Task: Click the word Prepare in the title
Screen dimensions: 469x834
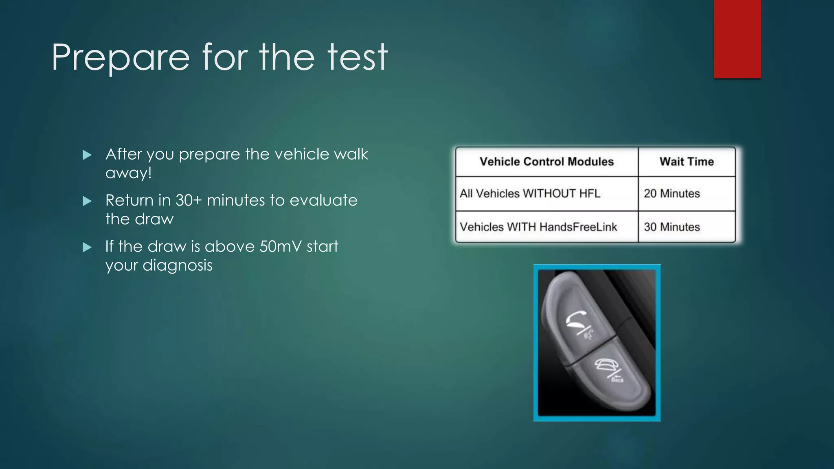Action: pos(121,58)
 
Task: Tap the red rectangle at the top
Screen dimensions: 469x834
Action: pos(737,39)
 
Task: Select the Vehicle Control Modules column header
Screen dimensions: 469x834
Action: pos(546,162)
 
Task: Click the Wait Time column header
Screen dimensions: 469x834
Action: pos(687,162)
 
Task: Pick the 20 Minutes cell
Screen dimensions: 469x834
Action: pos(672,193)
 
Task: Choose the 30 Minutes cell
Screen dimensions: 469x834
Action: pos(672,227)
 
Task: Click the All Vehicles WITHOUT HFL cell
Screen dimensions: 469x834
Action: pos(530,193)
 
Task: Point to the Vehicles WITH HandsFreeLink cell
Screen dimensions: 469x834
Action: pos(538,227)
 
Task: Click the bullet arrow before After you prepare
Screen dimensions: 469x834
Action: pos(87,155)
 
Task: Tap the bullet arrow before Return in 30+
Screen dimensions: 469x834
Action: pos(87,201)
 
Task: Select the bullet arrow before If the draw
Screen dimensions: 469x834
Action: pos(87,247)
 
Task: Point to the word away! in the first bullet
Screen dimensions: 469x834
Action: pos(128,173)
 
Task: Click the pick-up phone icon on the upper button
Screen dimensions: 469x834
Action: pos(576,319)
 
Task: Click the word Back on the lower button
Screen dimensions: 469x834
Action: pos(617,380)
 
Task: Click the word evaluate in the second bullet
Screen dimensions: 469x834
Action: pos(323,200)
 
